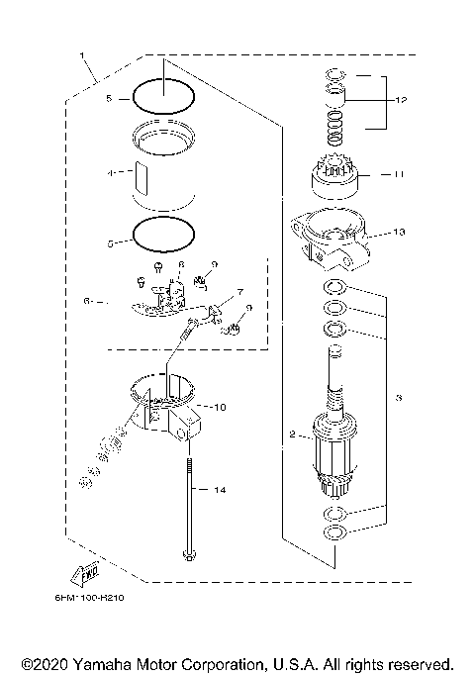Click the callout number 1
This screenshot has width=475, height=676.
point(81,55)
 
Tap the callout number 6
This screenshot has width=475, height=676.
point(88,299)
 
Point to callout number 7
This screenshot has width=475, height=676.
point(238,293)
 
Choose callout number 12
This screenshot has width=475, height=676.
point(401,100)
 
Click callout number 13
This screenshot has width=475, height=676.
point(399,233)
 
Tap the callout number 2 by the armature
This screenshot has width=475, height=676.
point(291,435)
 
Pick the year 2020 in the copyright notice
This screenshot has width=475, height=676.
point(48,662)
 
